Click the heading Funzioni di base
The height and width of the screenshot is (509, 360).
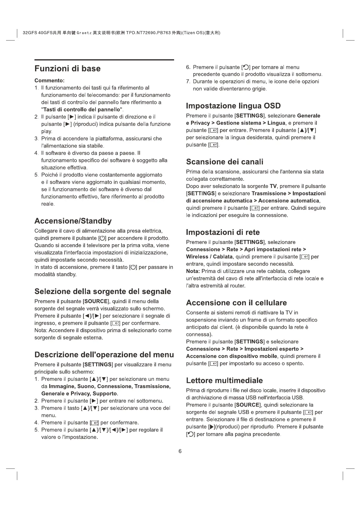[67, 69]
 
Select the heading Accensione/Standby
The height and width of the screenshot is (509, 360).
[73, 221]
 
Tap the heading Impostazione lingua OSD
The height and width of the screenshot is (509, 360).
[233, 106]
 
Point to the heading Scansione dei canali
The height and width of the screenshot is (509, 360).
[225, 162]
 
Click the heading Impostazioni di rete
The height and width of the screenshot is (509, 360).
[223, 232]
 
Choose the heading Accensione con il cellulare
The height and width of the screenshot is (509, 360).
[236, 303]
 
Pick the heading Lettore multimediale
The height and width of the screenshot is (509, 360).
[224, 380]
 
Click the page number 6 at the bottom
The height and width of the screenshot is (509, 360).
[180, 451]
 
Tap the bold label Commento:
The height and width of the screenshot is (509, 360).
[50, 81]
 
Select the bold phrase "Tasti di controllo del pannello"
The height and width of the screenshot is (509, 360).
[82, 109]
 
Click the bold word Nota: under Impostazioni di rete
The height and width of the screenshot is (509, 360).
[193, 271]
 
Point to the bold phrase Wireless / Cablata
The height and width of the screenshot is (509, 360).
[209, 257]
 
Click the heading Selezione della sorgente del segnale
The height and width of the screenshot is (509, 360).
[102, 291]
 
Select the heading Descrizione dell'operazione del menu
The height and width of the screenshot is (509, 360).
[104, 355]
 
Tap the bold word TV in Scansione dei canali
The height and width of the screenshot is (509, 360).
[273, 186]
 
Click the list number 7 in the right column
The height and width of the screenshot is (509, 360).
[188, 82]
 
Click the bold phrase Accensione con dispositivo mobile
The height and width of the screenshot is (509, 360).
[232, 356]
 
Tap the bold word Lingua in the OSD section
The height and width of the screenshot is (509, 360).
[276, 123]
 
